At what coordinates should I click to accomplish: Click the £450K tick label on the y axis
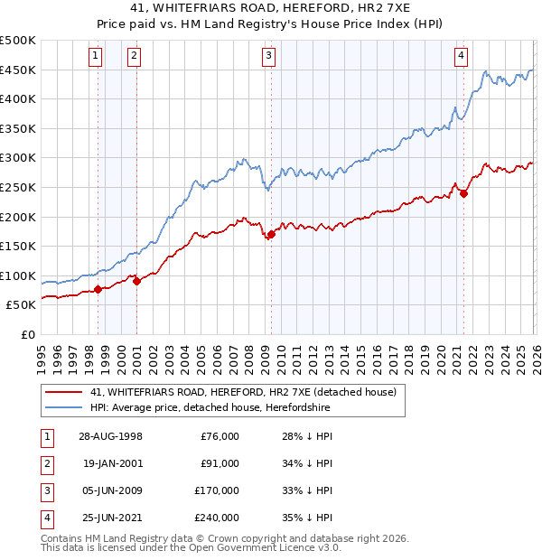coord(18,70)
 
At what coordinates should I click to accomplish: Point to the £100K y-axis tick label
coord(18,275)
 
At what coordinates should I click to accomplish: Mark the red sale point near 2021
coord(463,192)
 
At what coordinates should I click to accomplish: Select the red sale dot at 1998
coord(98,290)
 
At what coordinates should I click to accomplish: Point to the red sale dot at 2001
coord(136,281)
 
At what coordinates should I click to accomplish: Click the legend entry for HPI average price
coord(210,408)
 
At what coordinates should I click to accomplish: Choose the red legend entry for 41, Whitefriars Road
coord(243,392)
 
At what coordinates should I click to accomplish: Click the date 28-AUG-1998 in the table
coord(109,436)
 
